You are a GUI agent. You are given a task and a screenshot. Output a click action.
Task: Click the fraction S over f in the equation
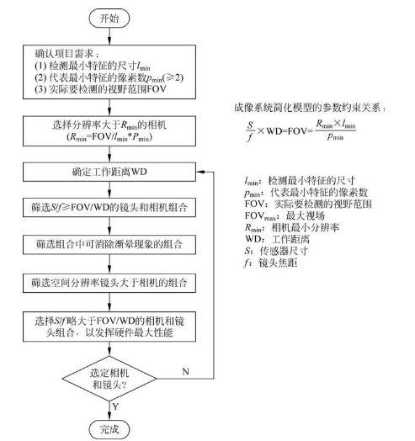click(247, 135)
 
